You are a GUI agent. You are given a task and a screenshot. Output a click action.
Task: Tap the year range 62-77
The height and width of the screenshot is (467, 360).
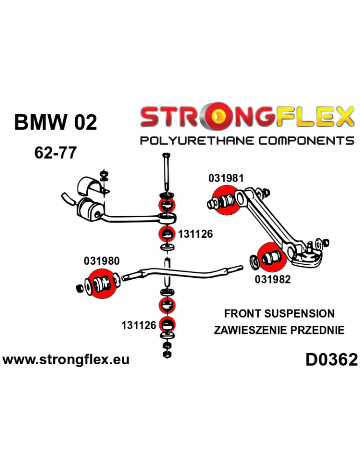coord(55,153)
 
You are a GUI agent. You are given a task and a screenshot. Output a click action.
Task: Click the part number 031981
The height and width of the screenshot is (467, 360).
coord(226,178)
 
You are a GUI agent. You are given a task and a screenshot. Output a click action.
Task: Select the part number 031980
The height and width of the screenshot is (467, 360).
coord(102,261)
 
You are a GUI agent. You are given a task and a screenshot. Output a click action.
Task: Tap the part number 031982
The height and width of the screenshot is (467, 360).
coord(273,279)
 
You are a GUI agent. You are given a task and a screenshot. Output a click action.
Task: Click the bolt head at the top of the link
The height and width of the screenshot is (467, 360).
coord(166,156)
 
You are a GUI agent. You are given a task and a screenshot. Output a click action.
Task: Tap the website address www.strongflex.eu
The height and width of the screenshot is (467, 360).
coord(66,359)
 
